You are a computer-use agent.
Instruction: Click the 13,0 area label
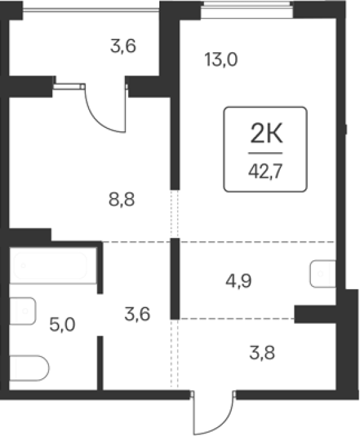(x=221, y=59)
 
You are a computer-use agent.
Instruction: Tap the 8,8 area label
(x=122, y=199)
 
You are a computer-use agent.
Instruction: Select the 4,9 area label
(x=238, y=281)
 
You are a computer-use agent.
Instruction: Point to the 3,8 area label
(x=262, y=353)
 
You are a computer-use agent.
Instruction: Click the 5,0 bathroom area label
(x=62, y=325)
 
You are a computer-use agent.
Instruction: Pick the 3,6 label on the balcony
(x=123, y=46)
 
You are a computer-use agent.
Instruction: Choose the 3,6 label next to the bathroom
(x=137, y=314)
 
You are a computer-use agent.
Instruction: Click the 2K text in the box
(x=266, y=134)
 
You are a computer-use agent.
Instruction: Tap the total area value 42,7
(x=265, y=171)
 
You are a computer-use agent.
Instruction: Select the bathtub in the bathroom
(x=50, y=266)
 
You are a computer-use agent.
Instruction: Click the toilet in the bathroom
(x=29, y=368)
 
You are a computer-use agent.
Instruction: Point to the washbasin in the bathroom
(x=23, y=311)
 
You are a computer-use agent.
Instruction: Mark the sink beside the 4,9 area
(x=323, y=274)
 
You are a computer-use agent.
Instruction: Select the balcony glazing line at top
(x=90, y=10)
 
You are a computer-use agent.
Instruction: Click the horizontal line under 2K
(x=265, y=153)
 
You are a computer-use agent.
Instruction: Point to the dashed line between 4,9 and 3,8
(x=236, y=318)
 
